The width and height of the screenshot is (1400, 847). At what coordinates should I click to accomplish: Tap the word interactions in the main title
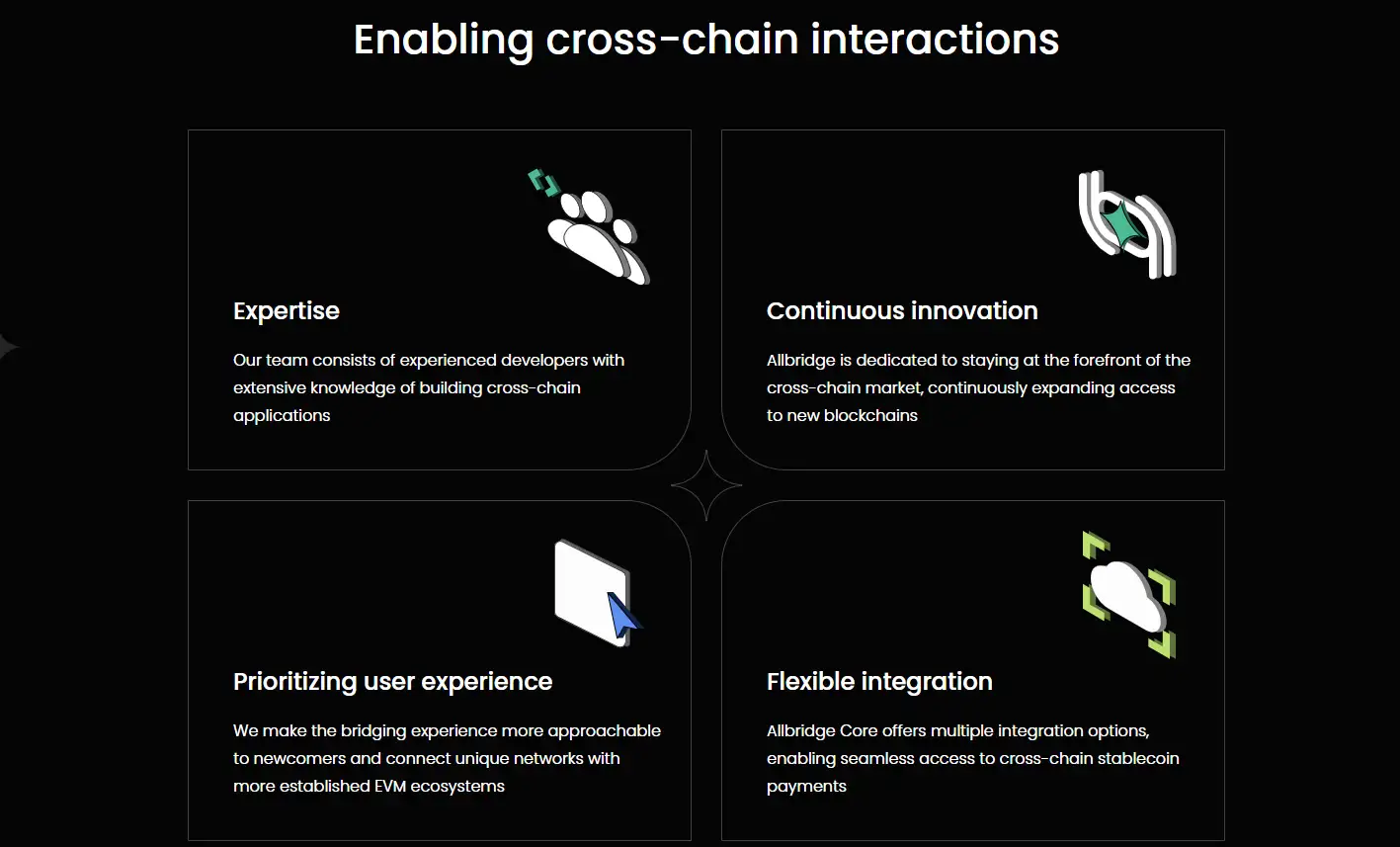(x=935, y=40)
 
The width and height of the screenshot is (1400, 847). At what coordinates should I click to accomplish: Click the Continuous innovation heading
(x=902, y=310)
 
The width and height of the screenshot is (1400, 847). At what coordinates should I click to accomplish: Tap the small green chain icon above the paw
(x=543, y=183)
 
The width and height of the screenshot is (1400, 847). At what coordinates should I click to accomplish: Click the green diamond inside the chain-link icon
(x=1122, y=223)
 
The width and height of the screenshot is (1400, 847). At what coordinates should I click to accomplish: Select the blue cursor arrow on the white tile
(x=622, y=615)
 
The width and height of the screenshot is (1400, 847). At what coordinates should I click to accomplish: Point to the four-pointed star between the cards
(x=706, y=485)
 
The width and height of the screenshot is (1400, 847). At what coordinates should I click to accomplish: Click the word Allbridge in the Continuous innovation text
(x=800, y=362)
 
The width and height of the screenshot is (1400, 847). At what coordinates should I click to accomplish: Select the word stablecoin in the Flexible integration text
(x=1138, y=759)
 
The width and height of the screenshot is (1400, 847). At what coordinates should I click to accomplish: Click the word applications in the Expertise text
(x=282, y=417)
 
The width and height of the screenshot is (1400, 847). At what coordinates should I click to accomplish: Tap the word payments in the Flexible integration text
(x=806, y=788)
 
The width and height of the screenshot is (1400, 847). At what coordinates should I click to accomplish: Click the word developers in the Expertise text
(x=544, y=362)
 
